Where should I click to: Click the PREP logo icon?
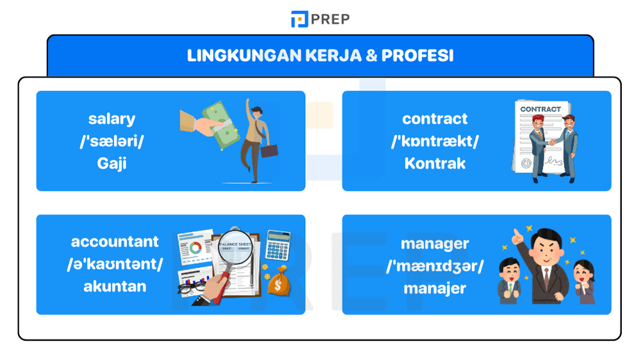click(299, 19)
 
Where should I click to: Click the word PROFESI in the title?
click(417, 56)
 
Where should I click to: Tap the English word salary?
click(112, 119)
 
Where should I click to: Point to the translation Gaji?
click(112, 163)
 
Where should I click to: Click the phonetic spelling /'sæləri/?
click(112, 141)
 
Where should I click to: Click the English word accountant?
click(115, 241)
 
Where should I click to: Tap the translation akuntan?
click(115, 286)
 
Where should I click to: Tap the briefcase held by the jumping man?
click(269, 151)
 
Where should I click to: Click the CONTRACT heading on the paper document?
click(540, 110)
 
